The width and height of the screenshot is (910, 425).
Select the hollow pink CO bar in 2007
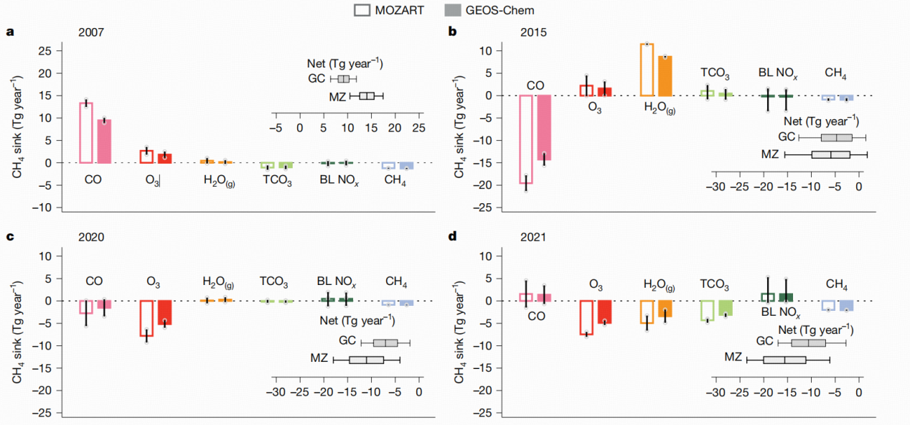coord(86,133)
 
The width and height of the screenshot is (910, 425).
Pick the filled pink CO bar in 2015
coord(544,127)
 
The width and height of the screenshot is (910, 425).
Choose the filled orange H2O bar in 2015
coord(665,75)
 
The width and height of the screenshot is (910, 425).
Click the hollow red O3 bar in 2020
coord(146,318)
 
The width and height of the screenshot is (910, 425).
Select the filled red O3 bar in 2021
coord(604,312)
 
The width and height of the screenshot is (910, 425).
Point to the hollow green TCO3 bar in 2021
coord(707,310)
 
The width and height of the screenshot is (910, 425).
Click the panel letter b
coord(453,32)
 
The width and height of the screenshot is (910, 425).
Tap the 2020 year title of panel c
coord(90,238)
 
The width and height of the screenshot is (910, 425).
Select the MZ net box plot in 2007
coord(367,95)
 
